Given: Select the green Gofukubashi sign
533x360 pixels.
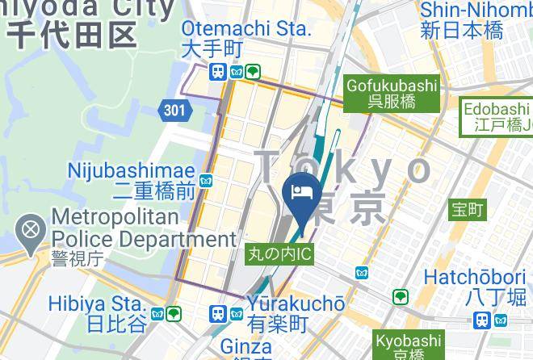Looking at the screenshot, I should click(392, 93).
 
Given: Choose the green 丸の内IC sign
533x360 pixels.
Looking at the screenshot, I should click(279, 254).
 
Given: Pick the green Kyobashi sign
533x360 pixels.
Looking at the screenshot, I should click(407, 346).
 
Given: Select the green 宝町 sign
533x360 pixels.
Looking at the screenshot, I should click(467, 210).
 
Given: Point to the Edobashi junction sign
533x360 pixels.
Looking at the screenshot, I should click(497, 117).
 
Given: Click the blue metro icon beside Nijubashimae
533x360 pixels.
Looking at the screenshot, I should click(207, 180).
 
